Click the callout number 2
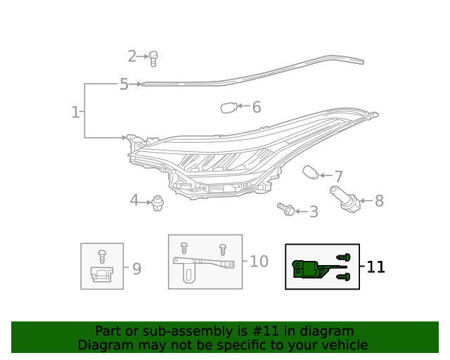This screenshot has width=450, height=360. click(x=132, y=56)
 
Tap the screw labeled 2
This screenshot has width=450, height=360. click(x=154, y=58)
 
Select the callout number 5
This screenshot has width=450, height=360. click(x=124, y=84)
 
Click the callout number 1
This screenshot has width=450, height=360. click(x=75, y=112)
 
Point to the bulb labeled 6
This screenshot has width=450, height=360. click(x=227, y=108)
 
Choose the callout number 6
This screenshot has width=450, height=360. click(x=257, y=107)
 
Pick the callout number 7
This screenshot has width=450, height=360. click(x=338, y=177)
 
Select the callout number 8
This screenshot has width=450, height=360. click(x=379, y=201)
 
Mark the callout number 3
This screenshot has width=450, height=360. click(x=314, y=212)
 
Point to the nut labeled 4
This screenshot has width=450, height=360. click(x=157, y=203)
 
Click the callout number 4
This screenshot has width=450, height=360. click(x=134, y=200)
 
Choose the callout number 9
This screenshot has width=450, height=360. click(x=136, y=268)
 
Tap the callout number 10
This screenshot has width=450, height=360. click(x=259, y=262)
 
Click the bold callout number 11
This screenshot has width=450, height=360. click(x=376, y=266)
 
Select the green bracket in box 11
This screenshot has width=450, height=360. click(x=309, y=269)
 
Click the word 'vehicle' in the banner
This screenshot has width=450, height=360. click(x=342, y=345)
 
